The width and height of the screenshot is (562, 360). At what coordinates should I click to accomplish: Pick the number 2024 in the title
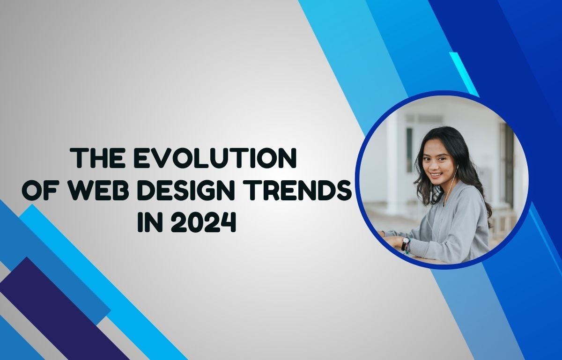click(x=202, y=222)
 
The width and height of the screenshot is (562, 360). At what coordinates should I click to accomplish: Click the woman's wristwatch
click(x=405, y=243)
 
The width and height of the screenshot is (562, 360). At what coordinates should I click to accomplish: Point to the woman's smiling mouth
click(x=436, y=175)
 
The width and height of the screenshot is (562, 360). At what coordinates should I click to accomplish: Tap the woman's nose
click(x=434, y=166)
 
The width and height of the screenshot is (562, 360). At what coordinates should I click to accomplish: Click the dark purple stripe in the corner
click(x=61, y=309)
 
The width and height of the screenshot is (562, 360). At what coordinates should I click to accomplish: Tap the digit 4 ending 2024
click(x=226, y=222)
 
